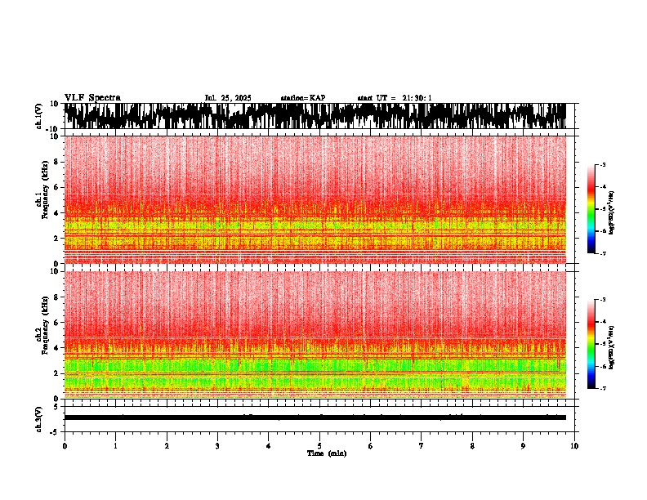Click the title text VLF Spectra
[x=92, y=98]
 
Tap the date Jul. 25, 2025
[x=228, y=98]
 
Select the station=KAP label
[x=303, y=98]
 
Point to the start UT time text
[x=395, y=98]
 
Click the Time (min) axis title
[x=326, y=453]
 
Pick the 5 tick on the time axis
[x=319, y=446]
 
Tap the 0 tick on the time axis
[x=65, y=446]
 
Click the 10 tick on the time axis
[x=574, y=446]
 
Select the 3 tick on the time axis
[x=217, y=446]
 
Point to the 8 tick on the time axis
[x=472, y=446]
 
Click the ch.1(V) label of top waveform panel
[x=38, y=116]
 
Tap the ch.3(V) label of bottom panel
[x=38, y=417]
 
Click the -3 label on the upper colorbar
[x=602, y=165]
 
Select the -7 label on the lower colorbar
[x=602, y=389]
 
